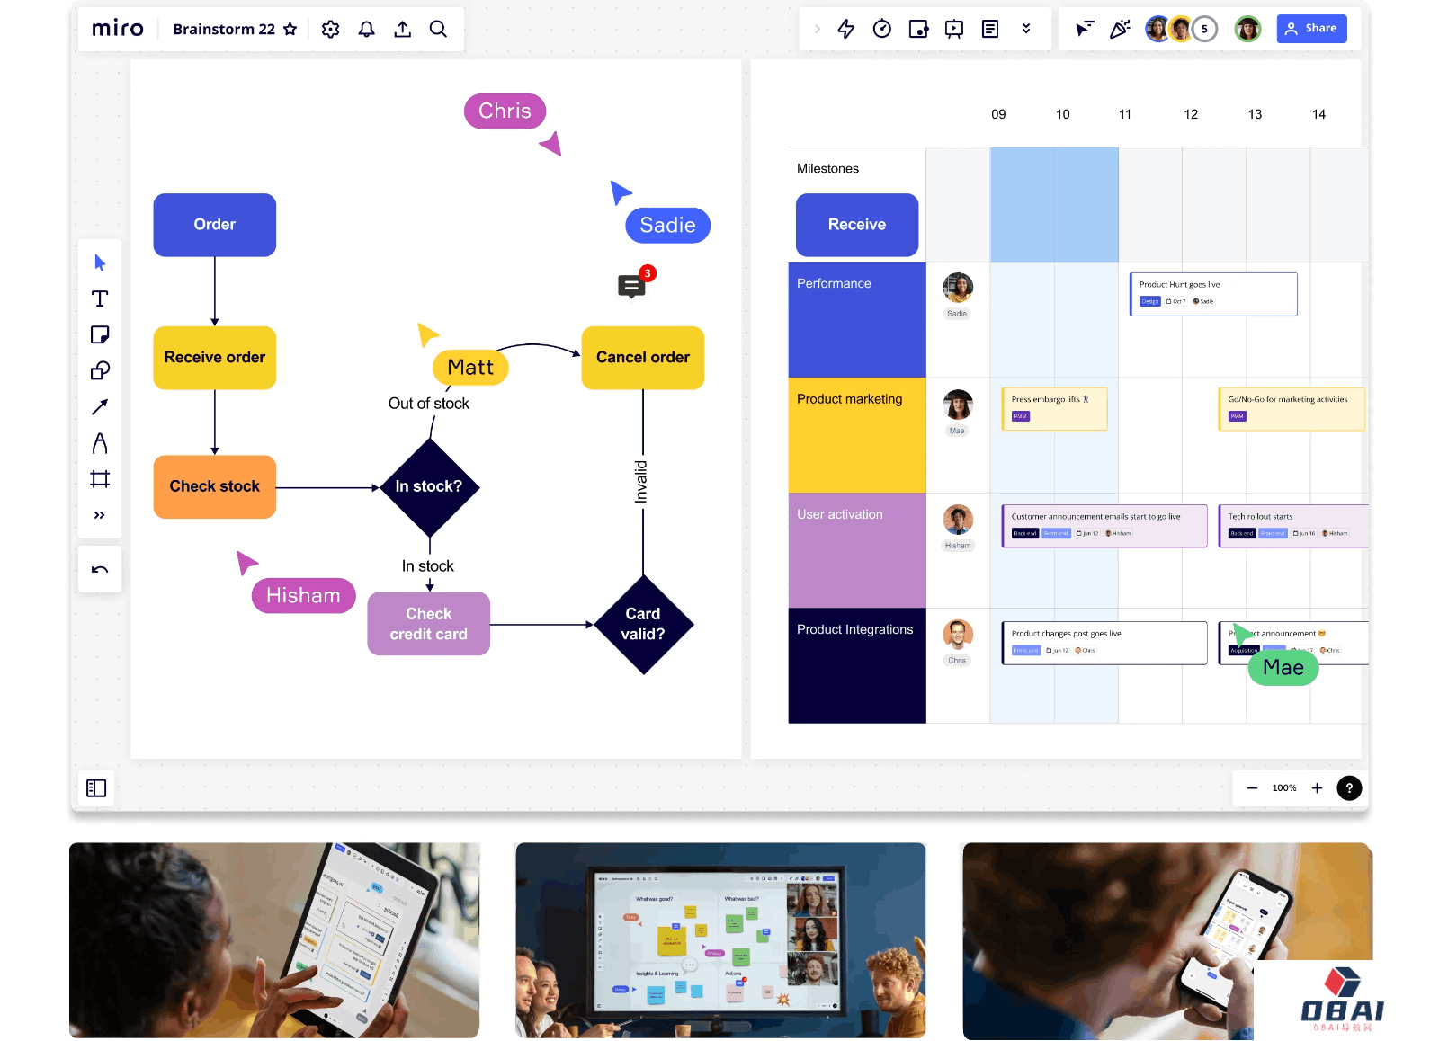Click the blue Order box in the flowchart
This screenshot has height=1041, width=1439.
tap(214, 225)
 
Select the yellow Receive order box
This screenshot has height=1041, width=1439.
tap(214, 358)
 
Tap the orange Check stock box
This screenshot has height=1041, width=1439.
tap(214, 486)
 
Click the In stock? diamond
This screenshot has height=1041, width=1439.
tap(429, 486)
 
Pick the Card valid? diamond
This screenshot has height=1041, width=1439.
tap(642, 624)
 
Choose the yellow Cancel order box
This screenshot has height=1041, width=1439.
tap(642, 358)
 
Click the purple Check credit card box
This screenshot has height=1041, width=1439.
tap(428, 624)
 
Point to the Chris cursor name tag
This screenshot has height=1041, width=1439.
tap(505, 111)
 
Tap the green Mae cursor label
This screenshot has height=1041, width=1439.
tap(1283, 668)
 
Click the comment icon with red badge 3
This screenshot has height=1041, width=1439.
tap(631, 287)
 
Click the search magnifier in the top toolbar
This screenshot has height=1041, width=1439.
tap(438, 29)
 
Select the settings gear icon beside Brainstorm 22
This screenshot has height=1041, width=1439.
tap(331, 29)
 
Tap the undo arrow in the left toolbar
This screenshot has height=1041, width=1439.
tap(100, 570)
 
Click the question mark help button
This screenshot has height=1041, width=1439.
tap(1348, 788)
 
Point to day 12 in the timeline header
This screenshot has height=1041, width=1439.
tap(1191, 114)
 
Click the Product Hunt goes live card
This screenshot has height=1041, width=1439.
tap(1212, 294)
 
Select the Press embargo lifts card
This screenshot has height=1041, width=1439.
tap(1053, 408)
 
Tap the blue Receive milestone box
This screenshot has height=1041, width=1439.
tap(856, 225)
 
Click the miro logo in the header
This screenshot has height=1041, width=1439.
tap(118, 29)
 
